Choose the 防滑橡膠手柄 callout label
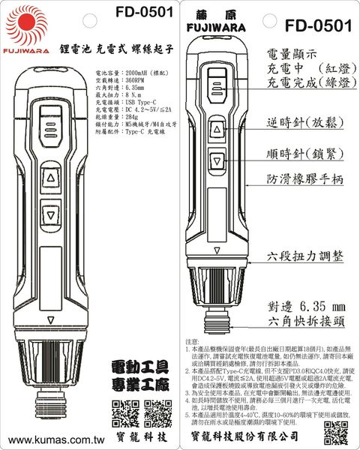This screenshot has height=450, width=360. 305,180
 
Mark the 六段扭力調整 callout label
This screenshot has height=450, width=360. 305,256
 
